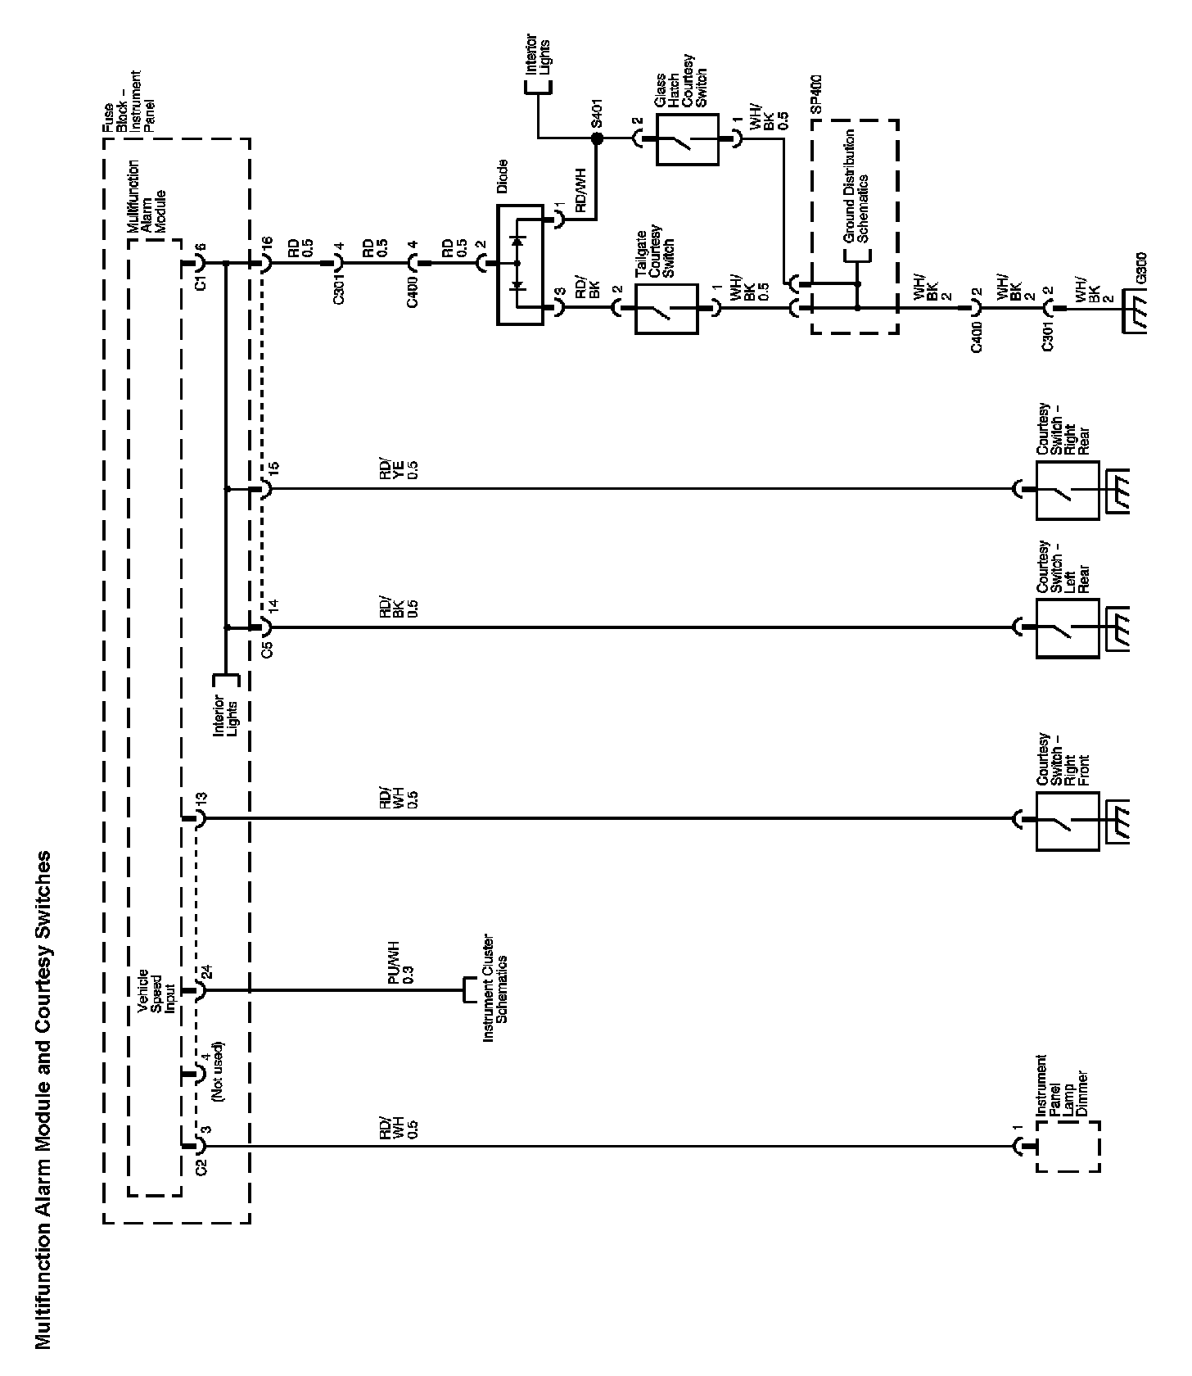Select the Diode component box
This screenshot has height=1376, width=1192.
[x=519, y=265]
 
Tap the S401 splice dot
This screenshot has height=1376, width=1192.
[x=597, y=139]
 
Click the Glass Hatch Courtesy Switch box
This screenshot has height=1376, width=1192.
[x=686, y=139]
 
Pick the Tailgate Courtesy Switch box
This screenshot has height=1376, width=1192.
[x=666, y=309]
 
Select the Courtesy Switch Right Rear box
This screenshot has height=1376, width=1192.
[x=1067, y=491]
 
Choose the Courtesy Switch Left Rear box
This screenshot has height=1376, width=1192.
[x=1067, y=628]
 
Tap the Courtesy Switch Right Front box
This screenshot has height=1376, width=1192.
[x=1067, y=818]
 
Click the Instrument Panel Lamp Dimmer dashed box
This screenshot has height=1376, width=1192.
[x=1068, y=1147]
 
